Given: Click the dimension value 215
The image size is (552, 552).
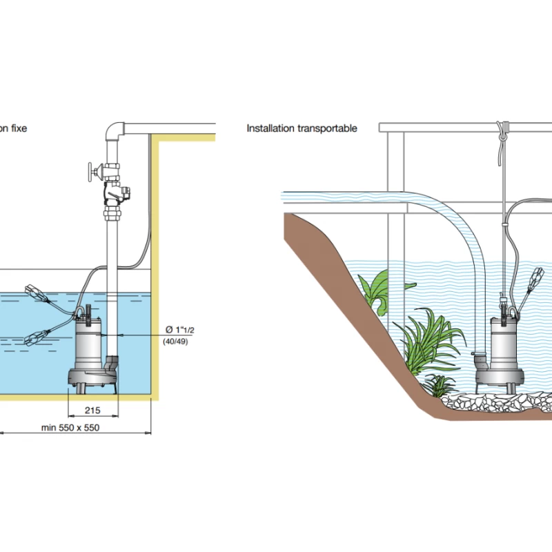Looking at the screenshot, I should tap(92, 410).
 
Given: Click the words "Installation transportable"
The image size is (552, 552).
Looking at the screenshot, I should tap(302, 128).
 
